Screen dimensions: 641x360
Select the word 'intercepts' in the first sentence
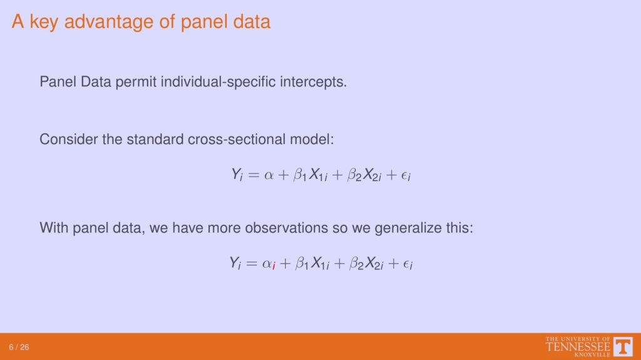click(313, 82)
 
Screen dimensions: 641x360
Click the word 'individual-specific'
click(218, 82)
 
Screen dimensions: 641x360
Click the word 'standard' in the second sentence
click(155, 140)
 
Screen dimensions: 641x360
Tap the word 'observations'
click(286, 228)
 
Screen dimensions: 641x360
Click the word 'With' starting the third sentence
click(54, 228)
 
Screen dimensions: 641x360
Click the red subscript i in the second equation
click(274, 266)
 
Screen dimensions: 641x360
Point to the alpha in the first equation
click(269, 175)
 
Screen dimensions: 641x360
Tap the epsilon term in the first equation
click(406, 176)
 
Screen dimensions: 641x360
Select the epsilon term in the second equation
click(408, 264)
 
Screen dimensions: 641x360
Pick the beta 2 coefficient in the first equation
click(354, 175)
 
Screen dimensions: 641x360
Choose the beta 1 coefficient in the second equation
click(301, 264)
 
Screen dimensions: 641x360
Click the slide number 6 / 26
click(19, 347)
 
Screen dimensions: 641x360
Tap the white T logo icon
click(623, 347)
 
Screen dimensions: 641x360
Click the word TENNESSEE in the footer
click(578, 347)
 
